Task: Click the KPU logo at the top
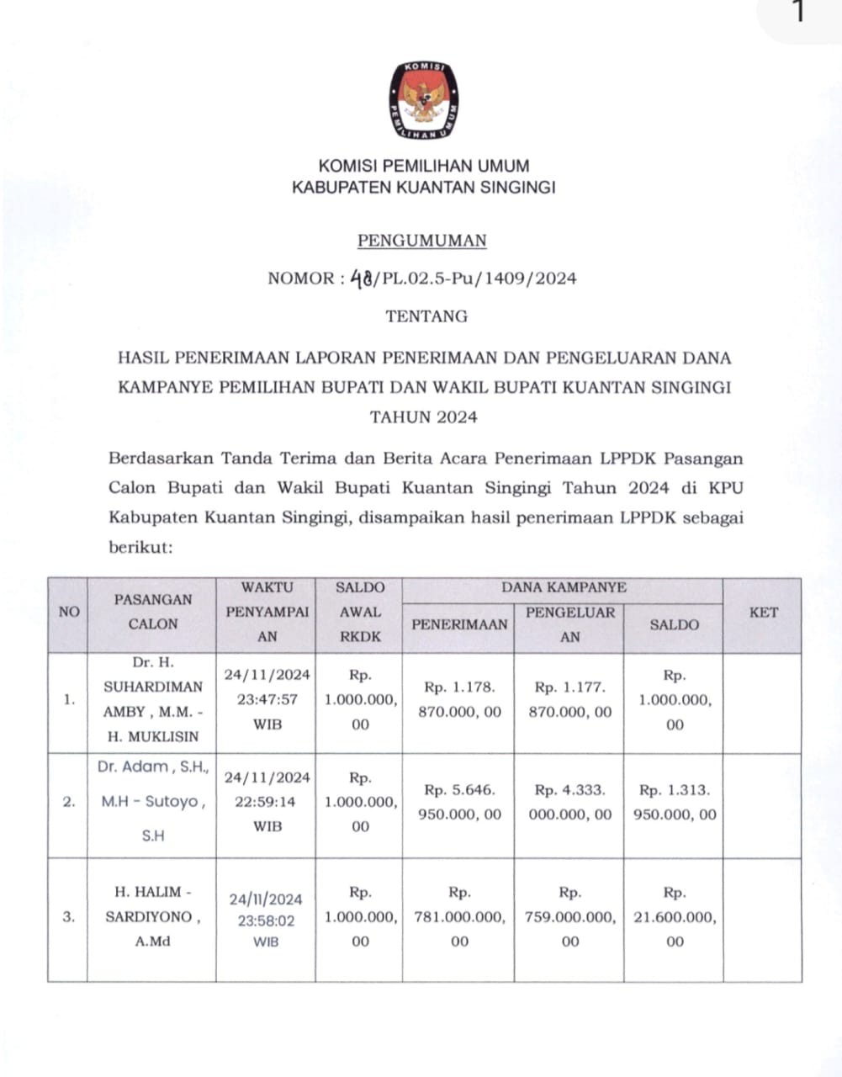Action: pyautogui.click(x=423, y=100)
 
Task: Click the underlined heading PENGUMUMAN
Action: pyautogui.click(x=422, y=241)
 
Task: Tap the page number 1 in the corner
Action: pyautogui.click(x=798, y=13)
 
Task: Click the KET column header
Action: pyautogui.click(x=763, y=613)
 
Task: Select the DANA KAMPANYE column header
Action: pyautogui.click(x=564, y=588)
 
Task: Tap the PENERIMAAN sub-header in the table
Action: pyautogui.click(x=459, y=624)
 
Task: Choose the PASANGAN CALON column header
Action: pyautogui.click(x=152, y=612)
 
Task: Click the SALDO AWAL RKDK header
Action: pyautogui.click(x=360, y=613)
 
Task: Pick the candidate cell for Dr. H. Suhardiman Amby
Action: pyautogui.click(x=152, y=700)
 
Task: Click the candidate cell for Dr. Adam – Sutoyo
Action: pyautogui.click(x=152, y=802)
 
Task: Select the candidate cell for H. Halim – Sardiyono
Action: pyautogui.click(x=152, y=916)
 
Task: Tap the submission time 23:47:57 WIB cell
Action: pyautogui.click(x=267, y=699)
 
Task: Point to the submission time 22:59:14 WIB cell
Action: pyautogui.click(x=267, y=802)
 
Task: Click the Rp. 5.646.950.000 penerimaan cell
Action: pyautogui.click(x=459, y=802)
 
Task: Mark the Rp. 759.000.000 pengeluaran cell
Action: pyautogui.click(x=569, y=916)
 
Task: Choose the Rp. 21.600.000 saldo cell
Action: pyautogui.click(x=675, y=916)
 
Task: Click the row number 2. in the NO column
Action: pyautogui.click(x=69, y=802)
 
